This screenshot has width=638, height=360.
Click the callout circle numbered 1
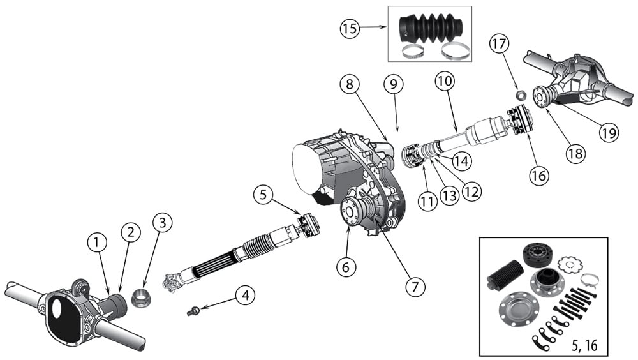pyautogui.click(x=97, y=242)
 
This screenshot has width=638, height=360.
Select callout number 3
pyautogui.click(x=163, y=223)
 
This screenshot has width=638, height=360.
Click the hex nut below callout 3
pyautogui.click(x=142, y=297)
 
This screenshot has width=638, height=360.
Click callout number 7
pyautogui.click(x=415, y=287)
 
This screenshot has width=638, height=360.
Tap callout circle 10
pyautogui.click(x=445, y=82)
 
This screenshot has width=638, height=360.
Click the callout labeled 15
pyautogui.click(x=350, y=29)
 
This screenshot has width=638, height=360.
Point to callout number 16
pyautogui.click(x=539, y=176)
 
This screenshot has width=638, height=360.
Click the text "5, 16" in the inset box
pyautogui.click(x=581, y=343)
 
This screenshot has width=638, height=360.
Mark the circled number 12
pyautogui.click(x=471, y=191)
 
